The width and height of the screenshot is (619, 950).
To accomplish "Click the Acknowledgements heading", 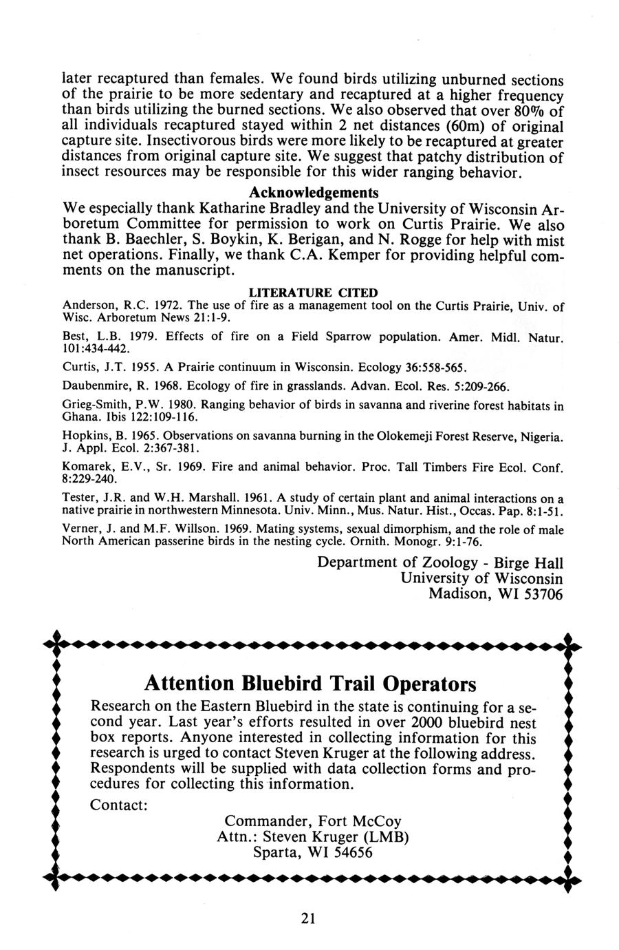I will point(314,191).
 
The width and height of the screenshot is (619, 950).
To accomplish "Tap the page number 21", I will point(307,918).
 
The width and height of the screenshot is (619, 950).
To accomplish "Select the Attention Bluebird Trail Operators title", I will point(310,684).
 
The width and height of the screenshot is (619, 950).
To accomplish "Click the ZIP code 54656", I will point(350,852).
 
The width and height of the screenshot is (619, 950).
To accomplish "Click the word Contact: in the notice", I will point(120,805).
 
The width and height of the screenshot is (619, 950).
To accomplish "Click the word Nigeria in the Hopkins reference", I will point(541,437).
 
